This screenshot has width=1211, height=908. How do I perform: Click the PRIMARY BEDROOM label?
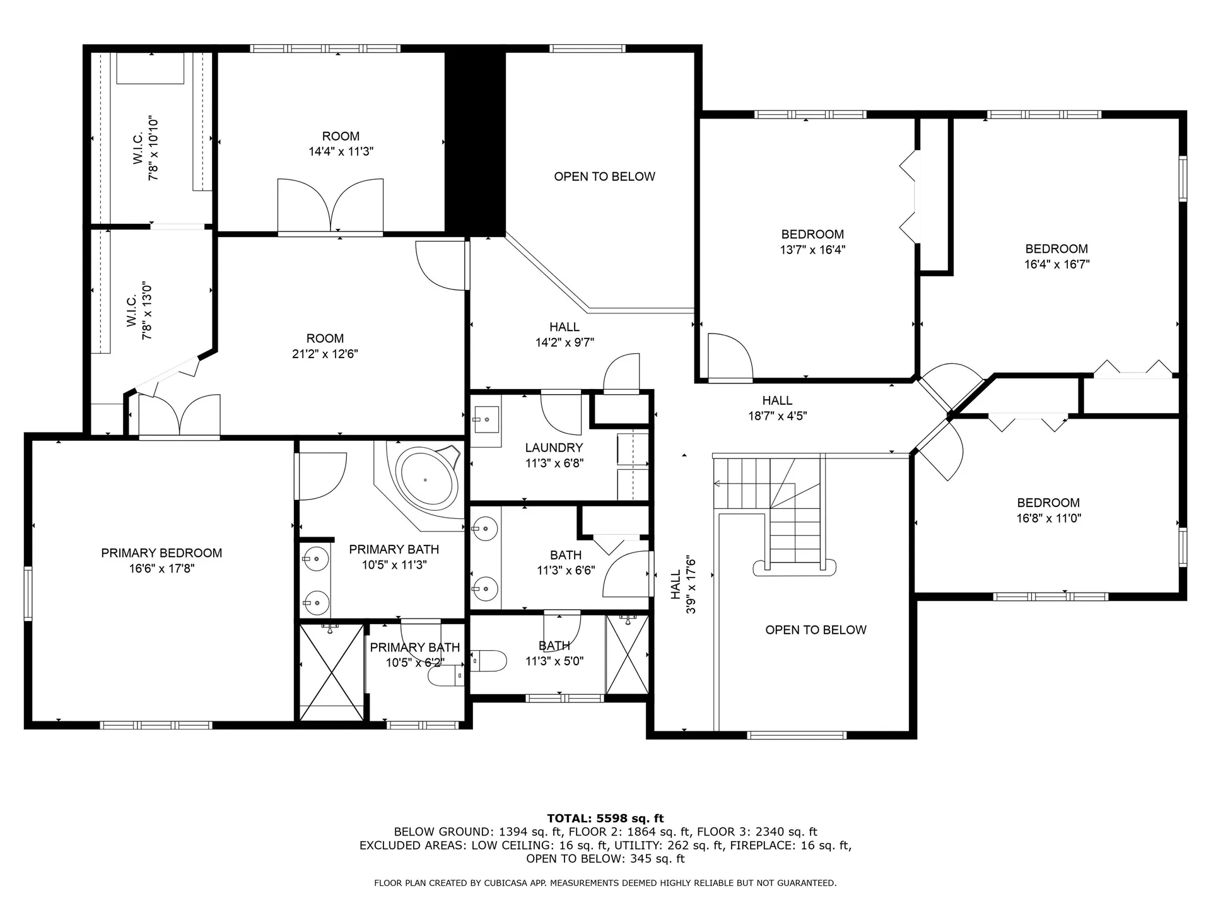click(x=161, y=553)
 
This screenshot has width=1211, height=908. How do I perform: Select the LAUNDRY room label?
click(x=554, y=448)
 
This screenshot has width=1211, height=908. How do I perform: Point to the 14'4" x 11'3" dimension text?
click(x=341, y=151)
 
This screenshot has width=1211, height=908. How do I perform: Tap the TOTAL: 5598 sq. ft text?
click(x=605, y=818)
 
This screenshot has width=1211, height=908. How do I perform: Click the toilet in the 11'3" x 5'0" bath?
click(x=489, y=661)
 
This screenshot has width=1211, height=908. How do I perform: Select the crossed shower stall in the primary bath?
click(x=331, y=672)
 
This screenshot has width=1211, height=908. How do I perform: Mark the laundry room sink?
click(x=486, y=419)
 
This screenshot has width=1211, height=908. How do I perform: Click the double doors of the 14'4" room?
click(x=331, y=207)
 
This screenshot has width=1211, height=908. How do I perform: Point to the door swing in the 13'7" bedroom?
click(x=730, y=358)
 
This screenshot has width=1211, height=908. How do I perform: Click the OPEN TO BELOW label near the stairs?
click(x=816, y=630)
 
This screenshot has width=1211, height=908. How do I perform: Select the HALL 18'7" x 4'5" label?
click(x=777, y=407)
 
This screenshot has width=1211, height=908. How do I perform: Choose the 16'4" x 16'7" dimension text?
click(x=1056, y=264)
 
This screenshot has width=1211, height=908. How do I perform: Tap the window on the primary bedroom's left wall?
click(x=28, y=593)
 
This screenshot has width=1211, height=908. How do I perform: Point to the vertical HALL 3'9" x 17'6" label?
click(x=683, y=585)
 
